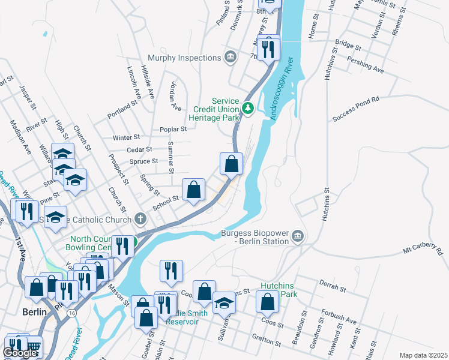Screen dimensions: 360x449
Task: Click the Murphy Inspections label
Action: tap(181, 58)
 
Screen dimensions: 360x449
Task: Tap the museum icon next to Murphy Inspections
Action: tap(230, 58)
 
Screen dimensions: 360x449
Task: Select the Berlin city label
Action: tap(34, 313)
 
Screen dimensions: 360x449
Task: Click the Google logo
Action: tap(20, 353)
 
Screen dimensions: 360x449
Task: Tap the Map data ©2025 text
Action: tap(424, 355)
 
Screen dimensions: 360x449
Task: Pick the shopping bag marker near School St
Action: tap(193, 190)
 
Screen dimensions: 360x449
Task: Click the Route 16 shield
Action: tap(72, 313)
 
